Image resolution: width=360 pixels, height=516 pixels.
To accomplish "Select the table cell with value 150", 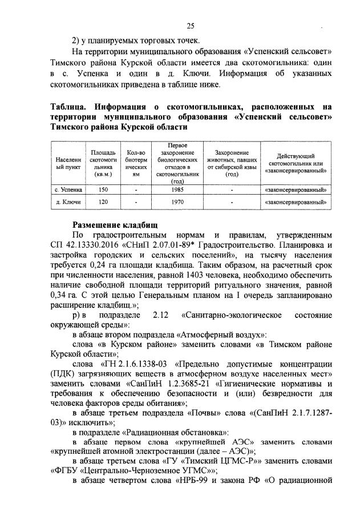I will point(103,188).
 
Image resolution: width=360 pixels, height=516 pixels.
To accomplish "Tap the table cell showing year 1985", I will point(180,188).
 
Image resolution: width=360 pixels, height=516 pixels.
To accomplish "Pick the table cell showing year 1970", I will point(180,202).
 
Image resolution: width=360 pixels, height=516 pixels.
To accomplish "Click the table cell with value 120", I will point(103,202).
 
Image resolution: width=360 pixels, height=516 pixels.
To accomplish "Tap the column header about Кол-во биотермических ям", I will point(136,164).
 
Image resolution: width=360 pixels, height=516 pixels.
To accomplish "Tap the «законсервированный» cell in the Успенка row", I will point(296,188).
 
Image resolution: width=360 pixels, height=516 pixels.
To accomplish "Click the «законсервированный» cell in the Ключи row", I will point(296,202).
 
